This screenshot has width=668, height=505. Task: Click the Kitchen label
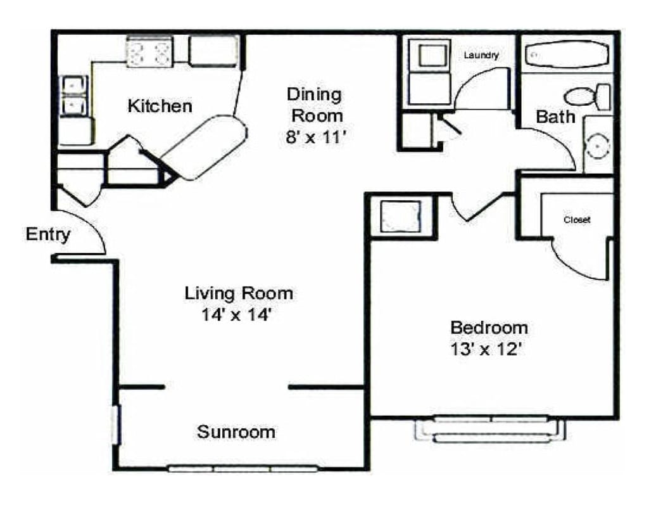click(x=160, y=106)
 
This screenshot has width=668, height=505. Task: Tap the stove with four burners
click(x=150, y=51)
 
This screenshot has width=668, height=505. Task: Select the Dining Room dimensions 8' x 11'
click(x=315, y=137)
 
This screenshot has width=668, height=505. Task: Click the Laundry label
click(x=481, y=56)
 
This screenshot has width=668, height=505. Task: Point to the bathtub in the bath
click(x=566, y=55)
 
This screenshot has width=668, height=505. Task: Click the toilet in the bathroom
click(x=586, y=97)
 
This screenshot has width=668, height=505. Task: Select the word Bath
click(x=555, y=117)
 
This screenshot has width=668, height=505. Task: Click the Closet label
click(x=577, y=220)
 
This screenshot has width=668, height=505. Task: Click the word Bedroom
click(x=489, y=328)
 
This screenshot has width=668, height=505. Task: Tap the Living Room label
click(x=239, y=293)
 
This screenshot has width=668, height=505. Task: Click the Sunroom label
click(x=236, y=432)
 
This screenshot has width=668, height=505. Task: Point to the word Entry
click(x=47, y=234)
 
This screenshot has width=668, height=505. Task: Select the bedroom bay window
click(x=490, y=429)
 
